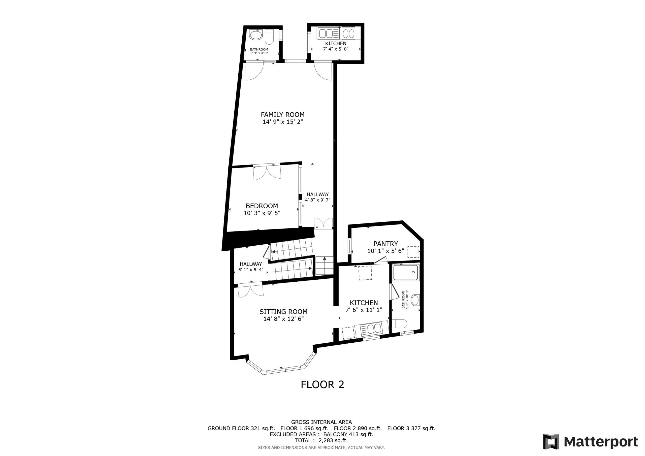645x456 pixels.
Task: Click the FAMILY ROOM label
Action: (283, 115)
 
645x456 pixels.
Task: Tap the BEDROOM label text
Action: (262, 206)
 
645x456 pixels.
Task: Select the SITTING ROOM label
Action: (283, 312)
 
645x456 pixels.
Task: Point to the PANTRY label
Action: (385, 244)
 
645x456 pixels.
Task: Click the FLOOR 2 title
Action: (322, 385)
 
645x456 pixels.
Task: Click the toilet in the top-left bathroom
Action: (269, 37)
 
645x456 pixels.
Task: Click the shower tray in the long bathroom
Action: (406, 272)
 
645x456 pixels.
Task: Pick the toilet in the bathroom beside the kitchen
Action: (399, 324)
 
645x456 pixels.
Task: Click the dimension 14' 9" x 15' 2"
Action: (283, 122)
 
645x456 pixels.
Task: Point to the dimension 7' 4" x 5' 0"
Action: (336, 49)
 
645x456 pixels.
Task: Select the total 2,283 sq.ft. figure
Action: (333, 441)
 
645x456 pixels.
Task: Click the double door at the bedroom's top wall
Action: (267, 172)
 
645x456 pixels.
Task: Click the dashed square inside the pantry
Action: (413, 252)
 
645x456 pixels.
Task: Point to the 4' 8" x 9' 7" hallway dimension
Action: (317, 200)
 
